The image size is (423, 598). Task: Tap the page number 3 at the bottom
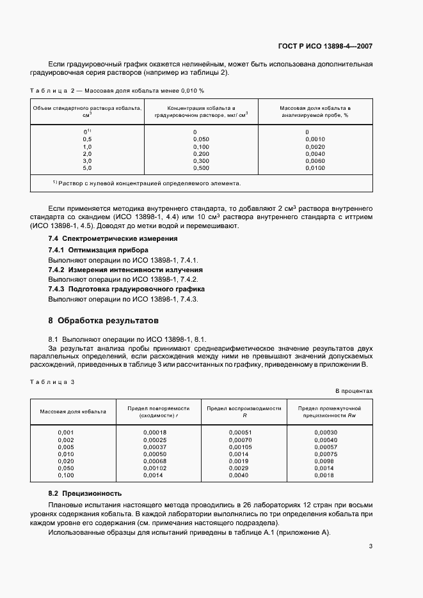[x=371, y=546]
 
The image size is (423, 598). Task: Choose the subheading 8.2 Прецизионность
[x=85, y=494]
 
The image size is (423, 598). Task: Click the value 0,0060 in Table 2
[x=315, y=161]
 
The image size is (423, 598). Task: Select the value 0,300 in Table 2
[x=201, y=161]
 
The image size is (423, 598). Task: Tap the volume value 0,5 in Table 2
[x=88, y=139]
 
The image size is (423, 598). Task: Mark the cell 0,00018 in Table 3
[x=155, y=433]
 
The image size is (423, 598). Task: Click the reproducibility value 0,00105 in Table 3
[x=240, y=447]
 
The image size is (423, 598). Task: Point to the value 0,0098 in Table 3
[x=325, y=461]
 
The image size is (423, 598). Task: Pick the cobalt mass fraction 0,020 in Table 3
[x=66, y=461]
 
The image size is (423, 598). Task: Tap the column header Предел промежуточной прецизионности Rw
[x=330, y=411]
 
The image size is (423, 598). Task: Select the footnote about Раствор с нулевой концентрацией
[x=147, y=183]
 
